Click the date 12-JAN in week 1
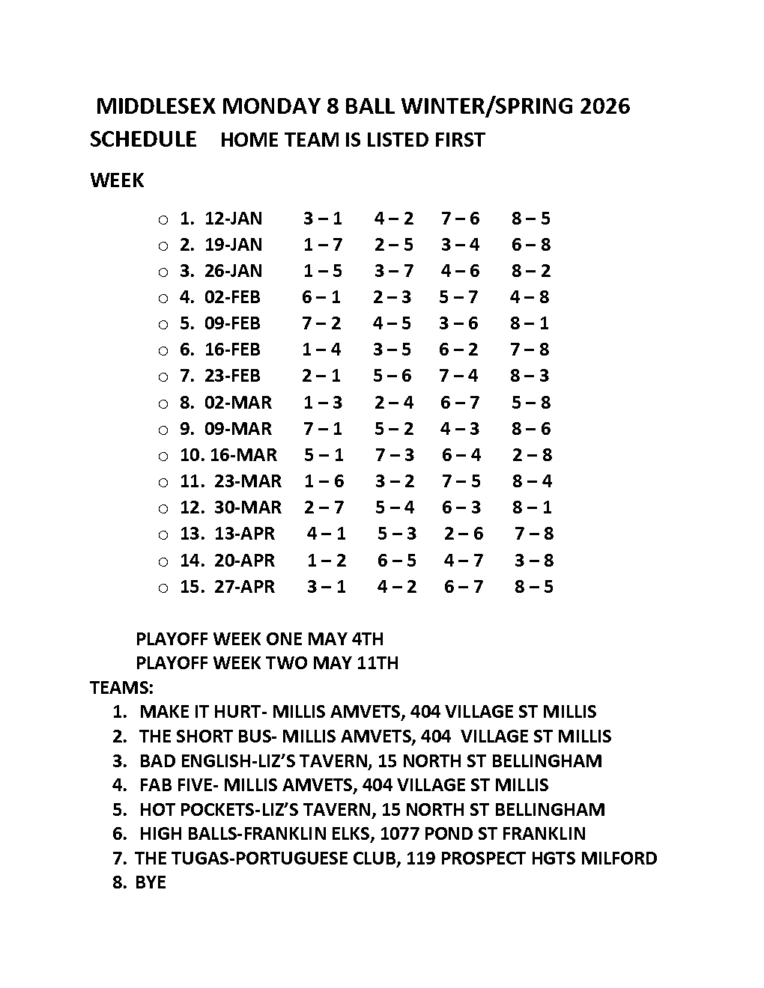[x=233, y=219]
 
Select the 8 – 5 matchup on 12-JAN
[x=531, y=219]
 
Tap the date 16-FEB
[x=232, y=350]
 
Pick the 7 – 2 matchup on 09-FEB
[x=321, y=323]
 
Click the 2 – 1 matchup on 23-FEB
[x=321, y=376]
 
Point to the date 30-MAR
[x=248, y=507]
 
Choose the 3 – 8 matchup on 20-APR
[x=533, y=561]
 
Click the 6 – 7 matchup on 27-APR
[x=464, y=587]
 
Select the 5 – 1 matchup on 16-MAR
[x=324, y=455]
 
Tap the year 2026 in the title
[x=603, y=106]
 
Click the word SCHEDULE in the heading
[x=143, y=140]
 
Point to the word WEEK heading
[x=117, y=180]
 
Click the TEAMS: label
[x=121, y=687]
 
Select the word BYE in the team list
[x=151, y=882]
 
